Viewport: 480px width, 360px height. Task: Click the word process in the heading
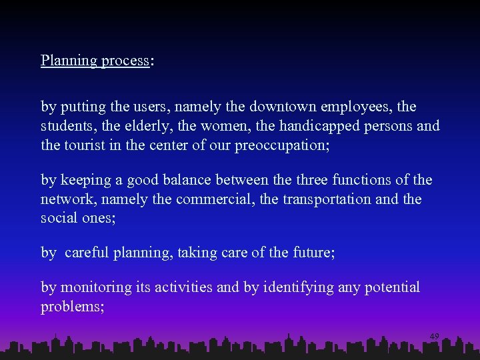click(x=125, y=61)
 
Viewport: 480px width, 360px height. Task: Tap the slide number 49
click(x=434, y=337)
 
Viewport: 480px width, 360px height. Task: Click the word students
click(x=67, y=126)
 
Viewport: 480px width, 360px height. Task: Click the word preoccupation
click(x=279, y=146)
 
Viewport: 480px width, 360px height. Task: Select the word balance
click(x=180, y=180)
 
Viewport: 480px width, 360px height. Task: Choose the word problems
click(x=71, y=307)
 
